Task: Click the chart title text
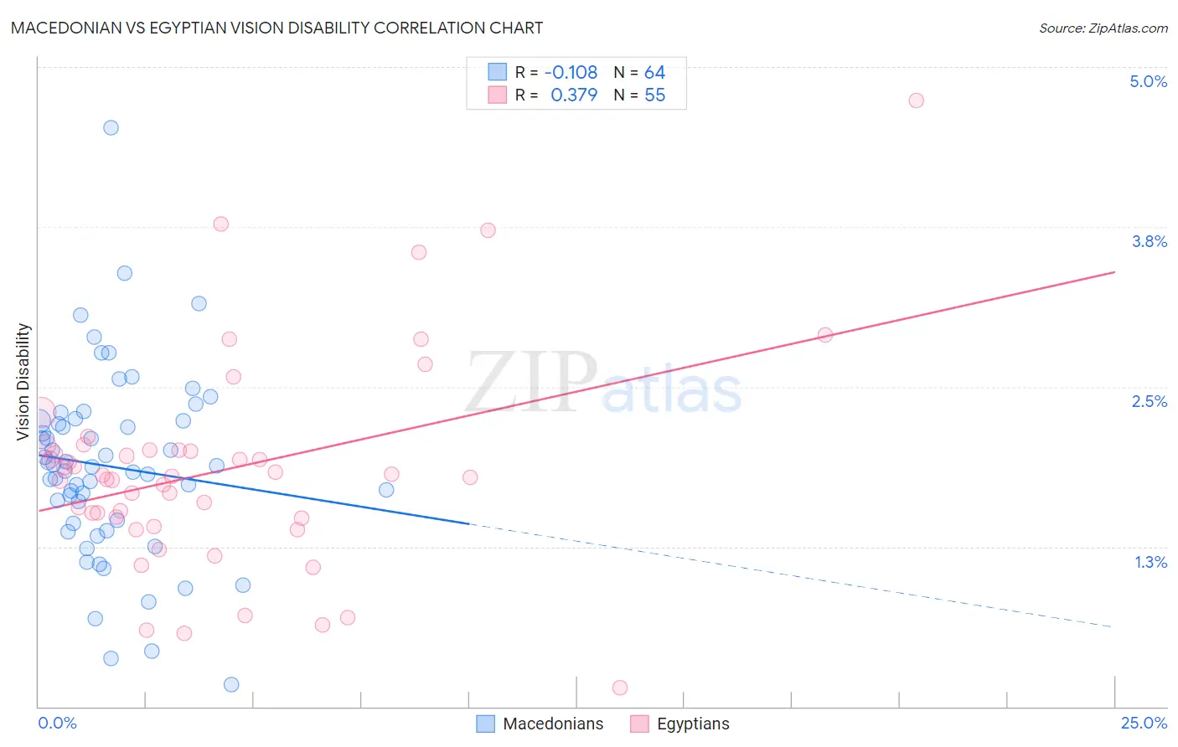[x=277, y=28]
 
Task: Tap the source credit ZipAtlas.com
[x=1103, y=28]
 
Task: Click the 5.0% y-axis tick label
[x=1148, y=81]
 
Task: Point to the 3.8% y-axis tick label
[x=1149, y=241]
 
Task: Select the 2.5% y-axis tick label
[x=1149, y=401]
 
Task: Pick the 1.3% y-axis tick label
[x=1150, y=562]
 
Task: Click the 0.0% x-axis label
[x=57, y=723]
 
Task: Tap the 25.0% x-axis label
[x=1144, y=723]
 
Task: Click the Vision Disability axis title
[x=23, y=381]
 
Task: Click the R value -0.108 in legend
[x=571, y=73]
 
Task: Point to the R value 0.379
[x=574, y=95]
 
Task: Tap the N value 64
[x=654, y=73]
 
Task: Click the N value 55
[x=654, y=95]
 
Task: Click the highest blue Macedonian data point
[x=111, y=128]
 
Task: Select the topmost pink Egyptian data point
[x=916, y=100]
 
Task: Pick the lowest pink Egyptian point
[x=620, y=688]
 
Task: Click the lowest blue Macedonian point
[x=231, y=684]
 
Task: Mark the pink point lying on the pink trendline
[x=824, y=335]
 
